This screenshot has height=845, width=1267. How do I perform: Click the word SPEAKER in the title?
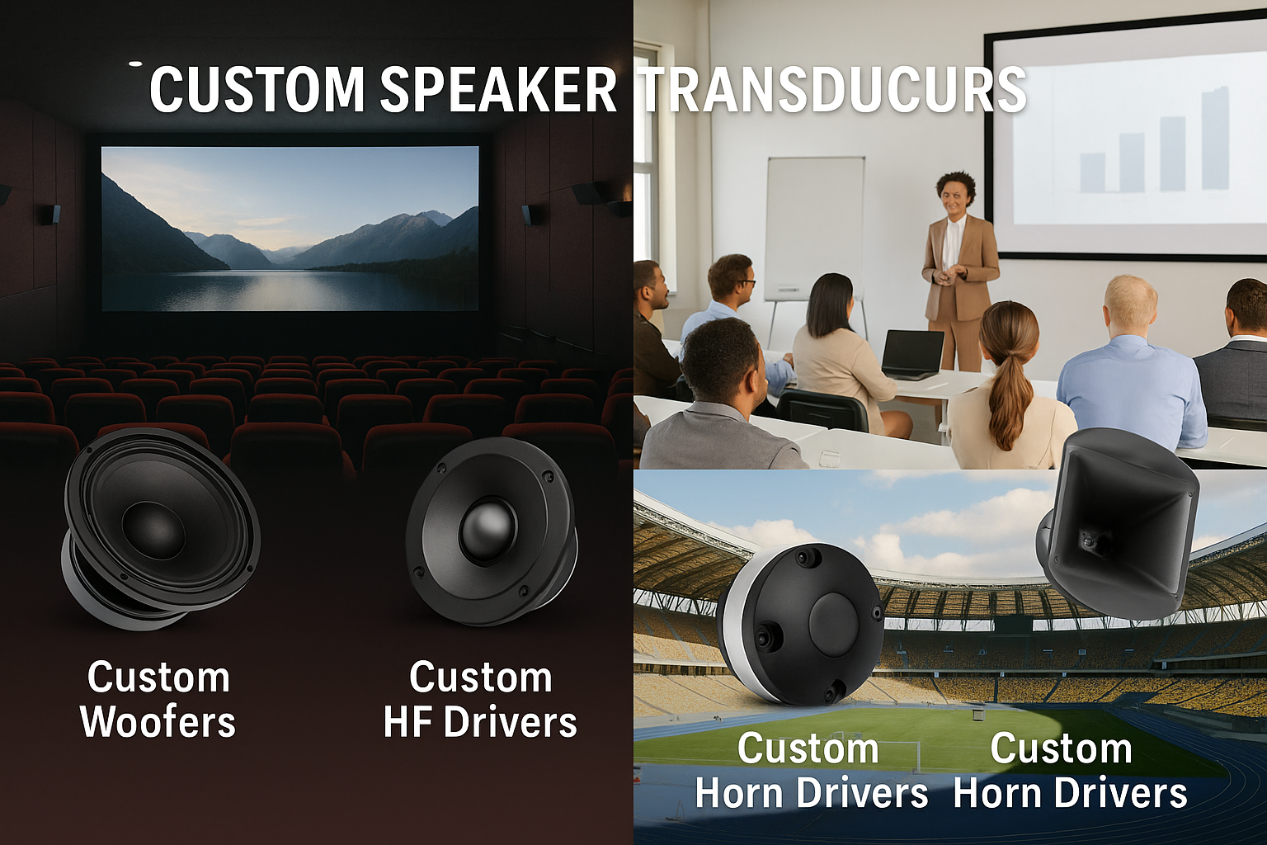497,89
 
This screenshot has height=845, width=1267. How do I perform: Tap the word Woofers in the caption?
158,720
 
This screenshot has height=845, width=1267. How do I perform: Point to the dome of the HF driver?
488,528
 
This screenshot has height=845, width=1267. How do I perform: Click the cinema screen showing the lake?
290,228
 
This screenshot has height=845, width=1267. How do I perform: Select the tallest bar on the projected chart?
1214,138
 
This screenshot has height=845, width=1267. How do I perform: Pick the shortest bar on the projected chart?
1092,172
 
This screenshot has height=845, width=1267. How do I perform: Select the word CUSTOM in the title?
256,89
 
